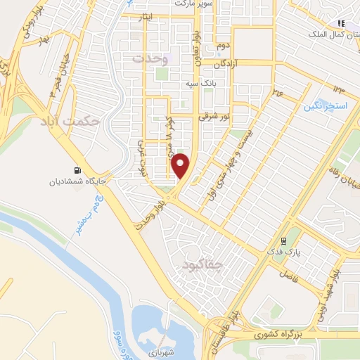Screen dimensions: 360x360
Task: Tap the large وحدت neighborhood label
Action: [155, 58]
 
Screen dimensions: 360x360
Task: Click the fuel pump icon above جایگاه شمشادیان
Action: [76, 169]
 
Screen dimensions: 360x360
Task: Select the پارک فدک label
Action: [286, 251]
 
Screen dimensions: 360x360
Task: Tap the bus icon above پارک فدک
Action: [285, 240]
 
